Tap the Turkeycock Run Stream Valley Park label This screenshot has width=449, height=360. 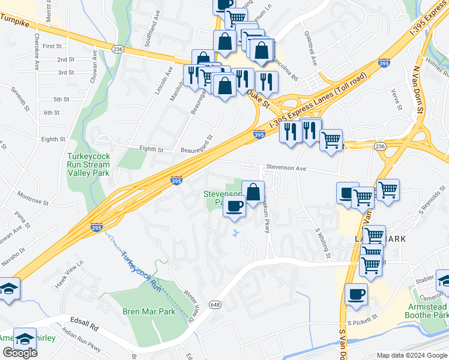[88, 164]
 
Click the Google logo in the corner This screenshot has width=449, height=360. [20, 353]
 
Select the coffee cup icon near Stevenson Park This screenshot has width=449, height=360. [234, 206]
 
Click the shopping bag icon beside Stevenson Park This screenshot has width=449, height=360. [253, 191]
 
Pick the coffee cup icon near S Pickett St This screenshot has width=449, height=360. [357, 295]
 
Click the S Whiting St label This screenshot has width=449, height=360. [323, 243]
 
